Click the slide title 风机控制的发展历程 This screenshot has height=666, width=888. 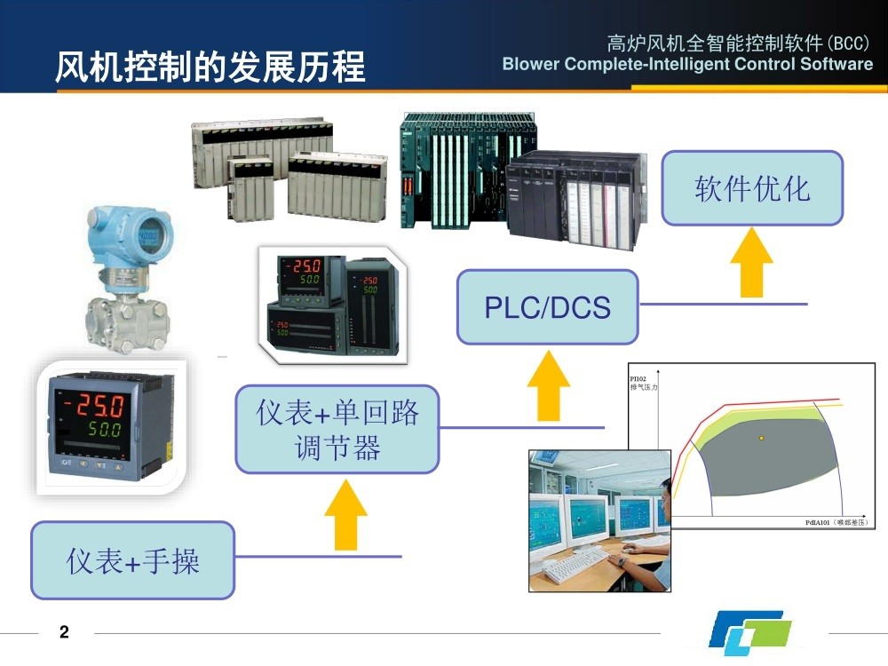coord(210,67)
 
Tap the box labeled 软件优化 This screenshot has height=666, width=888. coord(752,188)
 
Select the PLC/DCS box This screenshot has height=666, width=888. coord(547,307)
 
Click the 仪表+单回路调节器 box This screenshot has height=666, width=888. coord(337,429)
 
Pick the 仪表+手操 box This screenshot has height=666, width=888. coord(133,560)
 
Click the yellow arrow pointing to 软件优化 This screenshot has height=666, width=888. coord(751,261)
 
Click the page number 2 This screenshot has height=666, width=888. coord(63,632)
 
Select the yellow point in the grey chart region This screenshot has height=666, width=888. coord(761,438)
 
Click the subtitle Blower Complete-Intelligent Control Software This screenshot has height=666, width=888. coord(687,64)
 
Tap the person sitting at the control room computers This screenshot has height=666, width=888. coord(653,533)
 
